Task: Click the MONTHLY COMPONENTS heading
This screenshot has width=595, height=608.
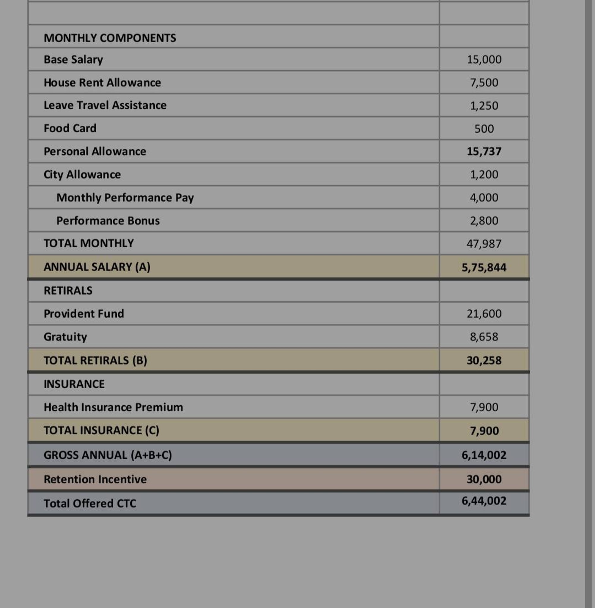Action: click(110, 38)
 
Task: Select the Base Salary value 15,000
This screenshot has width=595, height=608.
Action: click(484, 59)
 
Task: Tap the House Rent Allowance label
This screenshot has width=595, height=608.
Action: click(102, 83)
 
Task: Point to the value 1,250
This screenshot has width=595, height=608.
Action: click(484, 105)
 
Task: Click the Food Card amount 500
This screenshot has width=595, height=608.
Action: click(484, 129)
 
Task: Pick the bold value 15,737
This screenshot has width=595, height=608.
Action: click(484, 151)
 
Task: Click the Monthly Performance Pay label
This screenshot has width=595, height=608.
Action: click(125, 197)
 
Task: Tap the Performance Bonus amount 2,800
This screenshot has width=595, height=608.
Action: click(484, 221)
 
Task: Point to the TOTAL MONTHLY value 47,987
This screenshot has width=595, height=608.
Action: click(484, 243)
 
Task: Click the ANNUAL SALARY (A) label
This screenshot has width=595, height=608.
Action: click(97, 267)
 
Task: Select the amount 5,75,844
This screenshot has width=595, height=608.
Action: click(484, 267)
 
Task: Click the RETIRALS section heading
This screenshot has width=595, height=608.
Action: click(68, 291)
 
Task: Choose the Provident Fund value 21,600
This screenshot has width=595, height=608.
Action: click(484, 314)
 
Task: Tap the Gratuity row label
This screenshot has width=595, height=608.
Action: click(65, 337)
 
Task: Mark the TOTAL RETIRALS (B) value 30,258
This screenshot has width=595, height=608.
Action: click(484, 360)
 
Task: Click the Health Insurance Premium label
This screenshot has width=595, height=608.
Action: click(113, 407)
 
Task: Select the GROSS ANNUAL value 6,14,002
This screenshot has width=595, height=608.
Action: click(484, 455)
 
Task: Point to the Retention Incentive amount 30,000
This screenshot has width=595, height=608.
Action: click(484, 479)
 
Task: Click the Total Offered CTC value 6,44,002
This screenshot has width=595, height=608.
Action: click(484, 501)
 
